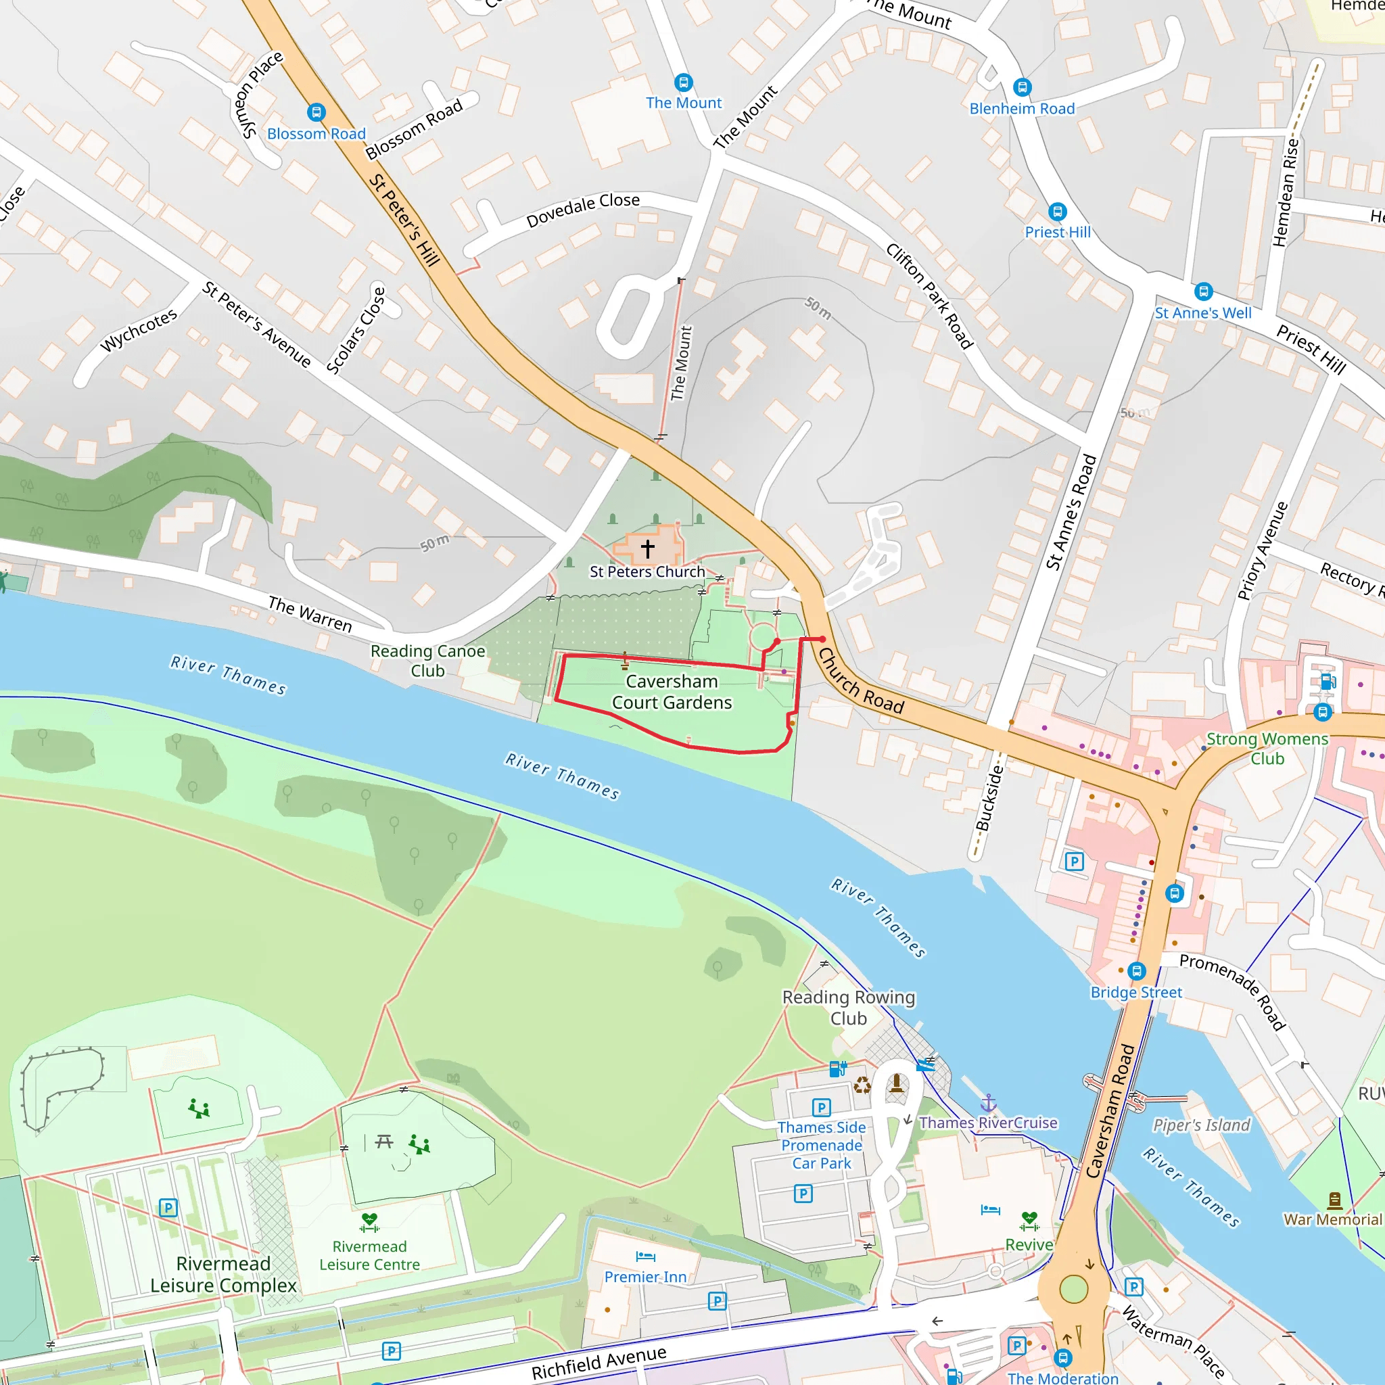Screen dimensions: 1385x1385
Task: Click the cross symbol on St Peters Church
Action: pos(647,549)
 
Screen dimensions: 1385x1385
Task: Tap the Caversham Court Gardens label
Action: pos(672,692)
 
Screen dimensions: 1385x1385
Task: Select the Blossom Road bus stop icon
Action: pos(316,112)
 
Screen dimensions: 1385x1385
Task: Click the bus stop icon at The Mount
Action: pos(683,83)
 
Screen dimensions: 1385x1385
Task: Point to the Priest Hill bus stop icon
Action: pos(1058,212)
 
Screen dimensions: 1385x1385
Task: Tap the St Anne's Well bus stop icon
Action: pos(1204,291)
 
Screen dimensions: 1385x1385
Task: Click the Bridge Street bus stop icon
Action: pos(1136,970)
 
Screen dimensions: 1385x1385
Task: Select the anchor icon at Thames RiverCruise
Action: pos(989,1102)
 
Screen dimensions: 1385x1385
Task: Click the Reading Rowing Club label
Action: pos(848,1007)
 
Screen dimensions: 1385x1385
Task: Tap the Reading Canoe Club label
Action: pos(427,660)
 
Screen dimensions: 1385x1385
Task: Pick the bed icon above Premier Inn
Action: pos(645,1256)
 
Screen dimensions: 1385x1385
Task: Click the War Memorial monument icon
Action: pos(1334,1199)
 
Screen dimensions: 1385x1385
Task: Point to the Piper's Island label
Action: pos(1202,1125)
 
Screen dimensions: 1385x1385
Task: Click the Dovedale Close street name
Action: pos(582,210)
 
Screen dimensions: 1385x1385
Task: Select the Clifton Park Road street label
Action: pos(930,296)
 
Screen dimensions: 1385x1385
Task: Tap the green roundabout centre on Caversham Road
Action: pos(1073,1289)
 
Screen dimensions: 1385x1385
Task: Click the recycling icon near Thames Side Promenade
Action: pos(862,1085)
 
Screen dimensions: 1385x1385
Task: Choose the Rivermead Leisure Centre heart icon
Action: pos(369,1219)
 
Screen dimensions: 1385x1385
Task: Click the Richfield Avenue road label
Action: pos(598,1362)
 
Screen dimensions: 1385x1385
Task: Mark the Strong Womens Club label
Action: pos(1267,749)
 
